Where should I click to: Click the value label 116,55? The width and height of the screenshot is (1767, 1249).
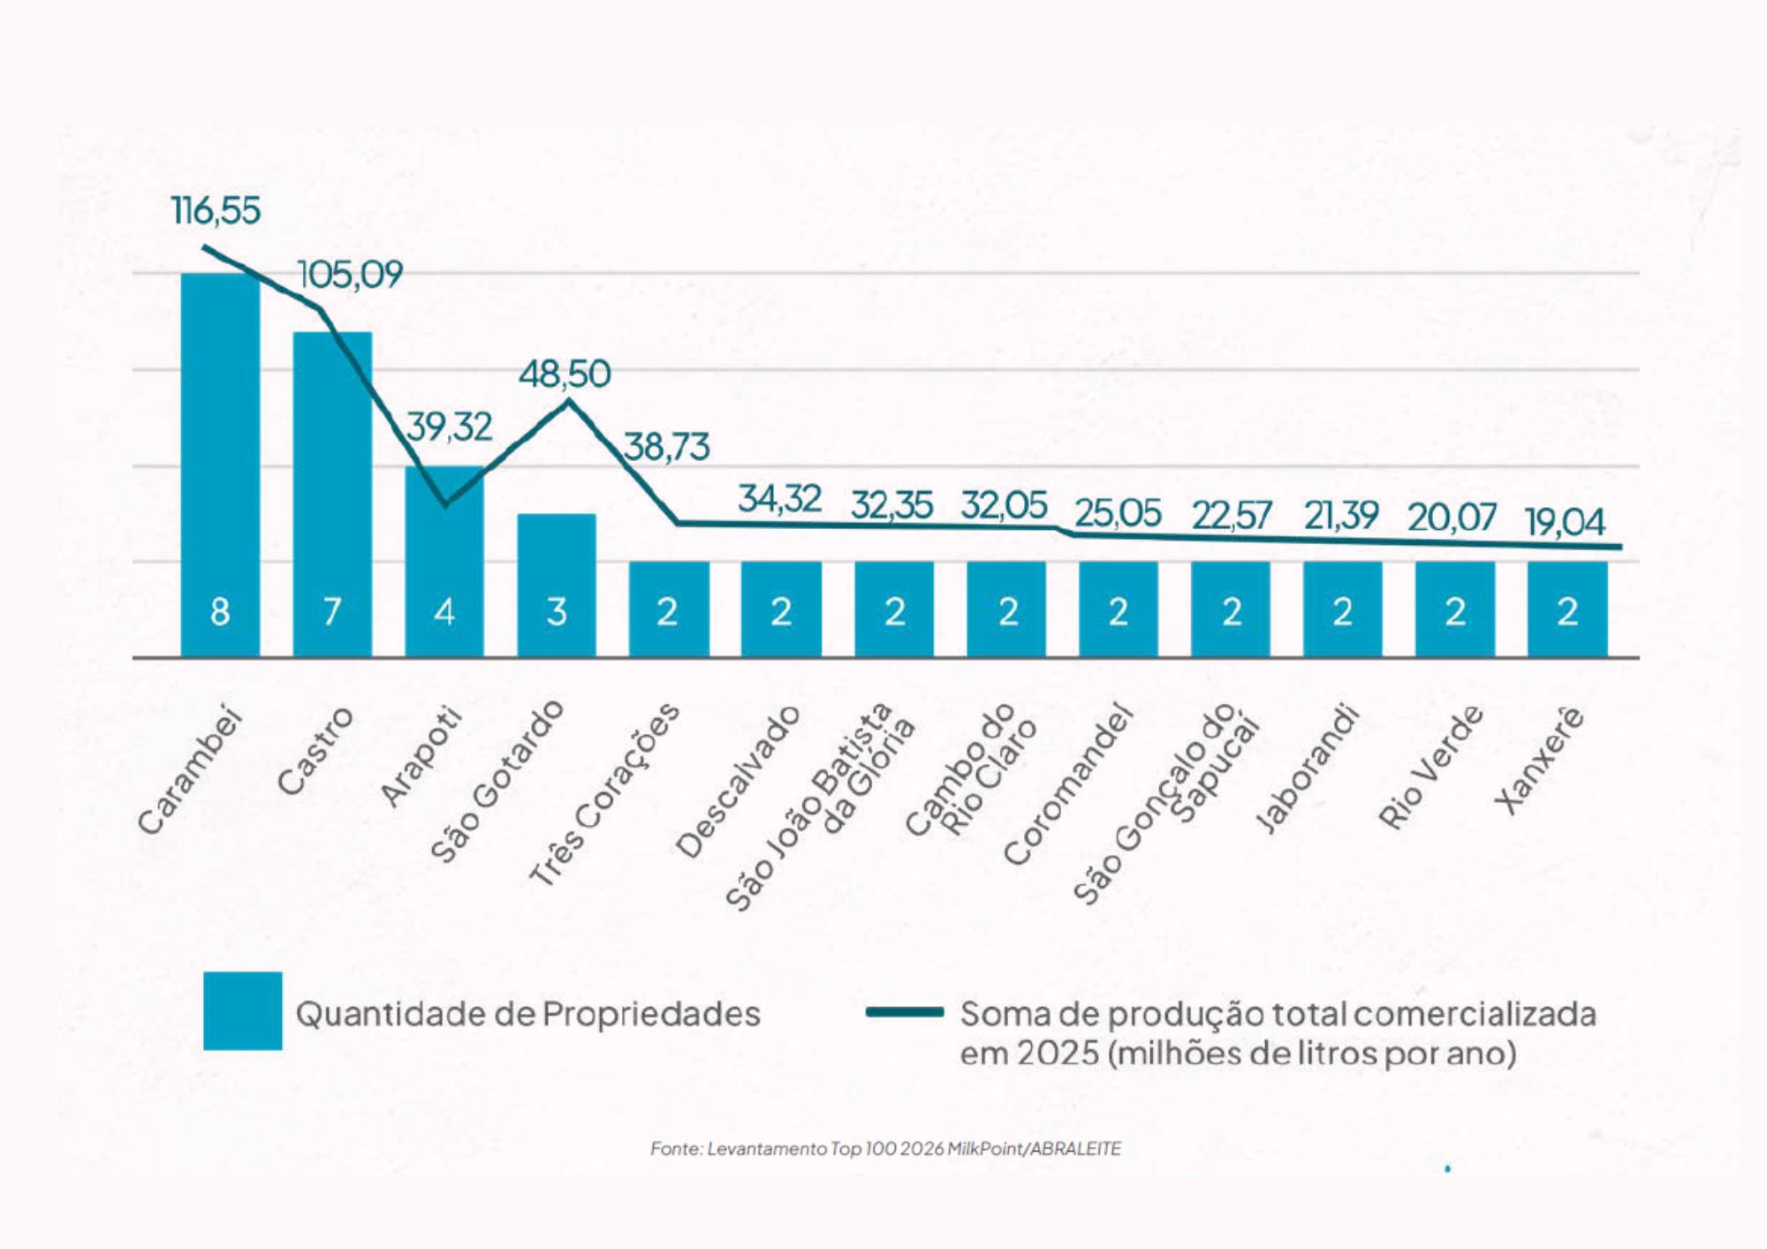tap(216, 211)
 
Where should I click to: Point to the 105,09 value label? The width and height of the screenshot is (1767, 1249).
tap(351, 275)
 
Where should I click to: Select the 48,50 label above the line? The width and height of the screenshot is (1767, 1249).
tap(565, 375)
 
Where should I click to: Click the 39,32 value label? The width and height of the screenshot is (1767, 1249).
tap(450, 428)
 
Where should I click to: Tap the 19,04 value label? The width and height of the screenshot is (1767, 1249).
tap(1565, 523)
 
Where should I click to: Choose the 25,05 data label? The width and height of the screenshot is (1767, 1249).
tap(1118, 514)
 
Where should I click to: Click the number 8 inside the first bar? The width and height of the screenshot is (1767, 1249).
tap(220, 611)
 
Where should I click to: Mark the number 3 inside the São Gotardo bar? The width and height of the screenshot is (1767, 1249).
tap(557, 611)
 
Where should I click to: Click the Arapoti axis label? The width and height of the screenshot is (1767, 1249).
tap(421, 756)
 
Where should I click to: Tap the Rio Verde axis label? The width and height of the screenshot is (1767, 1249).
tap(1430, 767)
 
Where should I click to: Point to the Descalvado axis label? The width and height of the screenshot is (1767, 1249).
tap(738, 781)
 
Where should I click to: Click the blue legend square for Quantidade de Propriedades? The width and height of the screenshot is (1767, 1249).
tap(243, 1011)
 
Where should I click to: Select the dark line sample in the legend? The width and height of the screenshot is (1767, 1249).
tap(905, 1012)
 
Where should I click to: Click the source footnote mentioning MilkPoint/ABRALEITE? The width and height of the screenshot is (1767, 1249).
tap(885, 1148)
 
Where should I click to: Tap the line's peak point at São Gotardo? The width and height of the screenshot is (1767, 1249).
tap(568, 402)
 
